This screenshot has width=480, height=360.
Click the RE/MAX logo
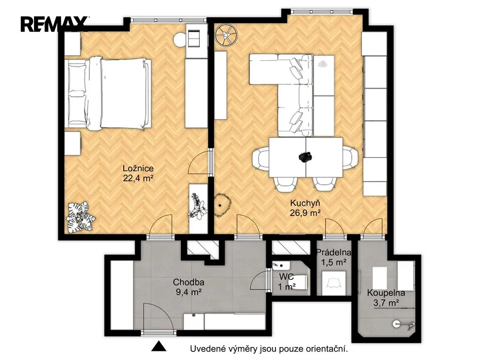(x=54, y=24)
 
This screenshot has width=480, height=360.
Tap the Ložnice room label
(x=138, y=168)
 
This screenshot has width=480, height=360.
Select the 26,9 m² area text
(x=305, y=213)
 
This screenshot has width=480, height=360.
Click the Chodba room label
(x=189, y=282)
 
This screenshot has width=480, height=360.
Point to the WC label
(x=286, y=277)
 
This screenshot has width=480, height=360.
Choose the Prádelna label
(x=334, y=252)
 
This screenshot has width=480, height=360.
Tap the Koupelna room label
(x=386, y=293)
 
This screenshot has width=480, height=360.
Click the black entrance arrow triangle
(x=159, y=346)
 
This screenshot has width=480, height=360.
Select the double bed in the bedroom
(x=108, y=94)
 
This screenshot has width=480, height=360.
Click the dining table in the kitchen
(x=305, y=157)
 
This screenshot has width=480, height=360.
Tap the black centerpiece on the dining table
(x=305, y=157)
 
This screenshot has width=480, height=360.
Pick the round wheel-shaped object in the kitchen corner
(x=226, y=35)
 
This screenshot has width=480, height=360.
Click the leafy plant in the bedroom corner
(x=80, y=216)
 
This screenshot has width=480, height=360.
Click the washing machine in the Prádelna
(x=334, y=283)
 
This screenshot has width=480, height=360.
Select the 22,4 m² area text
(x=138, y=178)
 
